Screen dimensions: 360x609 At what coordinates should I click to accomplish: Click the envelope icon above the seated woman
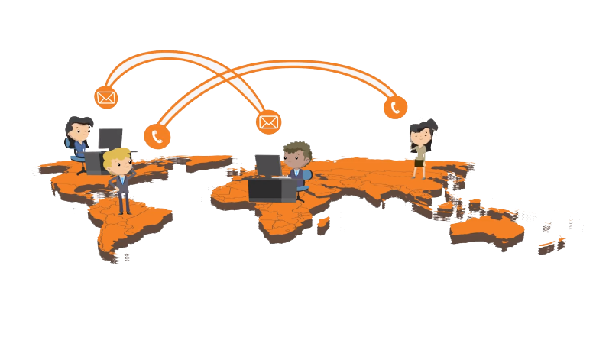(105, 97)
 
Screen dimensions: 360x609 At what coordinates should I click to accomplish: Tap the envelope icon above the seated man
(268, 121)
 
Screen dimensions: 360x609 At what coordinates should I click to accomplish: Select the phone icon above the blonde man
(157, 136)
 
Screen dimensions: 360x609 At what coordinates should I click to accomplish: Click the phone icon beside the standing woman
(394, 107)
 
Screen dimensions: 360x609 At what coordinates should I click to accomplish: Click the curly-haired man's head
(296, 155)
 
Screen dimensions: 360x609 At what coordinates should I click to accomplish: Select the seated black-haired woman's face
(79, 131)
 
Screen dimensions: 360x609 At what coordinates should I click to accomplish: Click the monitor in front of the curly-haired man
(267, 165)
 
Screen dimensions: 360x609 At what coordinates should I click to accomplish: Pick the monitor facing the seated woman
(110, 138)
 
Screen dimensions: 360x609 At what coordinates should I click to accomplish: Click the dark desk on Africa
(270, 190)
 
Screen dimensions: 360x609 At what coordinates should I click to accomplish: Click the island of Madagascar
(323, 223)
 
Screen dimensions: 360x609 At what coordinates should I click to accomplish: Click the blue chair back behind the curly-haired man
(306, 177)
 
